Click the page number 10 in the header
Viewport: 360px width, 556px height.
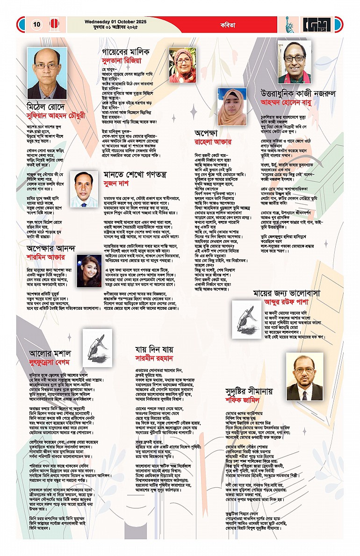point(37,24)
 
